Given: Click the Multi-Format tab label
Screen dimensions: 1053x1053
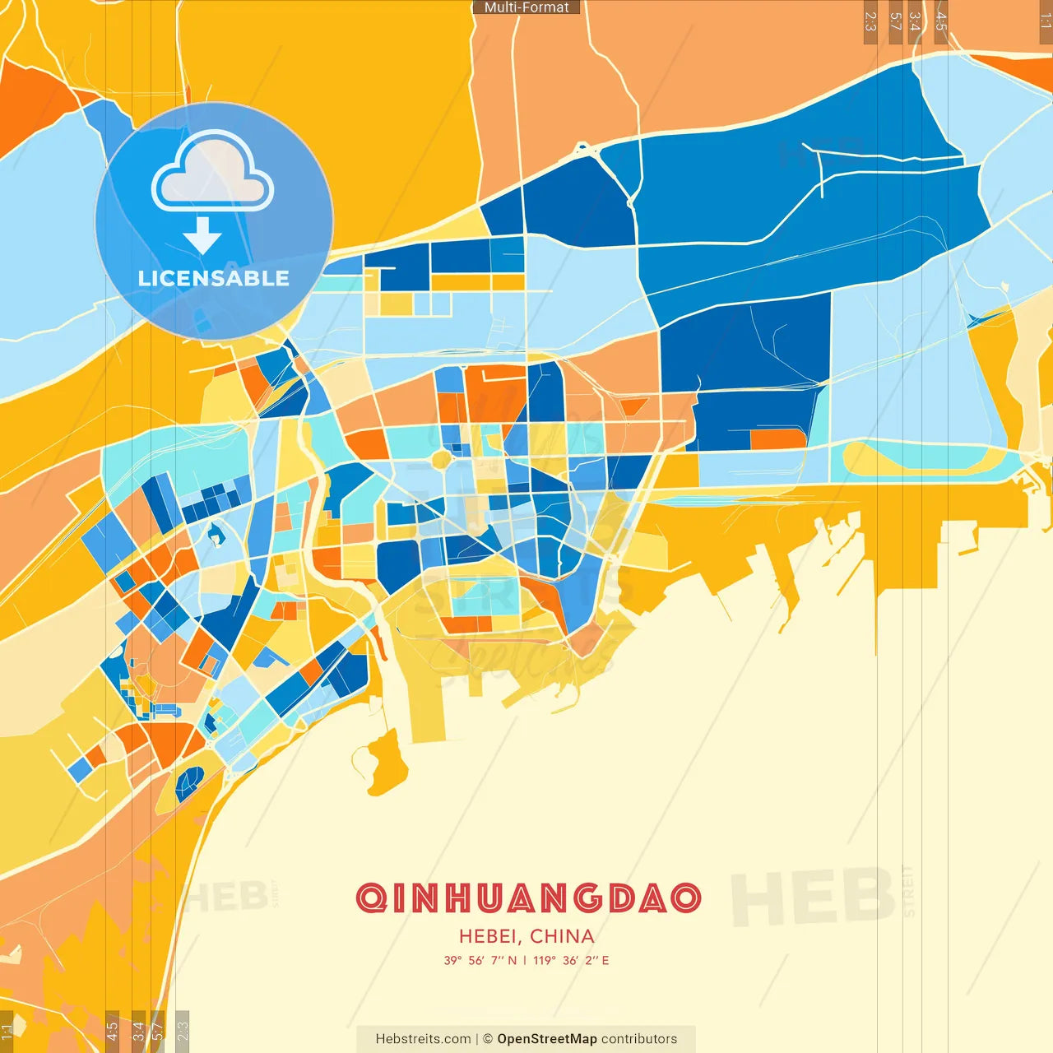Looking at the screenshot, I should coord(526,7).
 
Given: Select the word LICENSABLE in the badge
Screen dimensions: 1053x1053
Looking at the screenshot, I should coord(214,278).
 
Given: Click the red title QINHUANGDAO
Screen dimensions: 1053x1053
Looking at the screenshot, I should coord(528,898).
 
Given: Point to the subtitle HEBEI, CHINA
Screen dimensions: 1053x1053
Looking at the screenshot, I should coord(526,936).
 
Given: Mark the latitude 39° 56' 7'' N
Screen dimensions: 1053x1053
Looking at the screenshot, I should coord(480,960).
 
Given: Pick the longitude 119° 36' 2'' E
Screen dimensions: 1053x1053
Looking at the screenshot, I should coord(571,960).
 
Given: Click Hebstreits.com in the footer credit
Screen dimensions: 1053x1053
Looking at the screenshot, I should coord(423,1039).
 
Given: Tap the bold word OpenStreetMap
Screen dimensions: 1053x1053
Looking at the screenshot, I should coord(547,1039).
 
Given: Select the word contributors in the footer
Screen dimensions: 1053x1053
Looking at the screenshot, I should coord(639,1039).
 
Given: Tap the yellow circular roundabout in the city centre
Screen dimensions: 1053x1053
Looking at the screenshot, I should coord(442,459).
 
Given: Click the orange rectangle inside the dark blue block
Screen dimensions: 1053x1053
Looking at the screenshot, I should coord(777,438).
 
